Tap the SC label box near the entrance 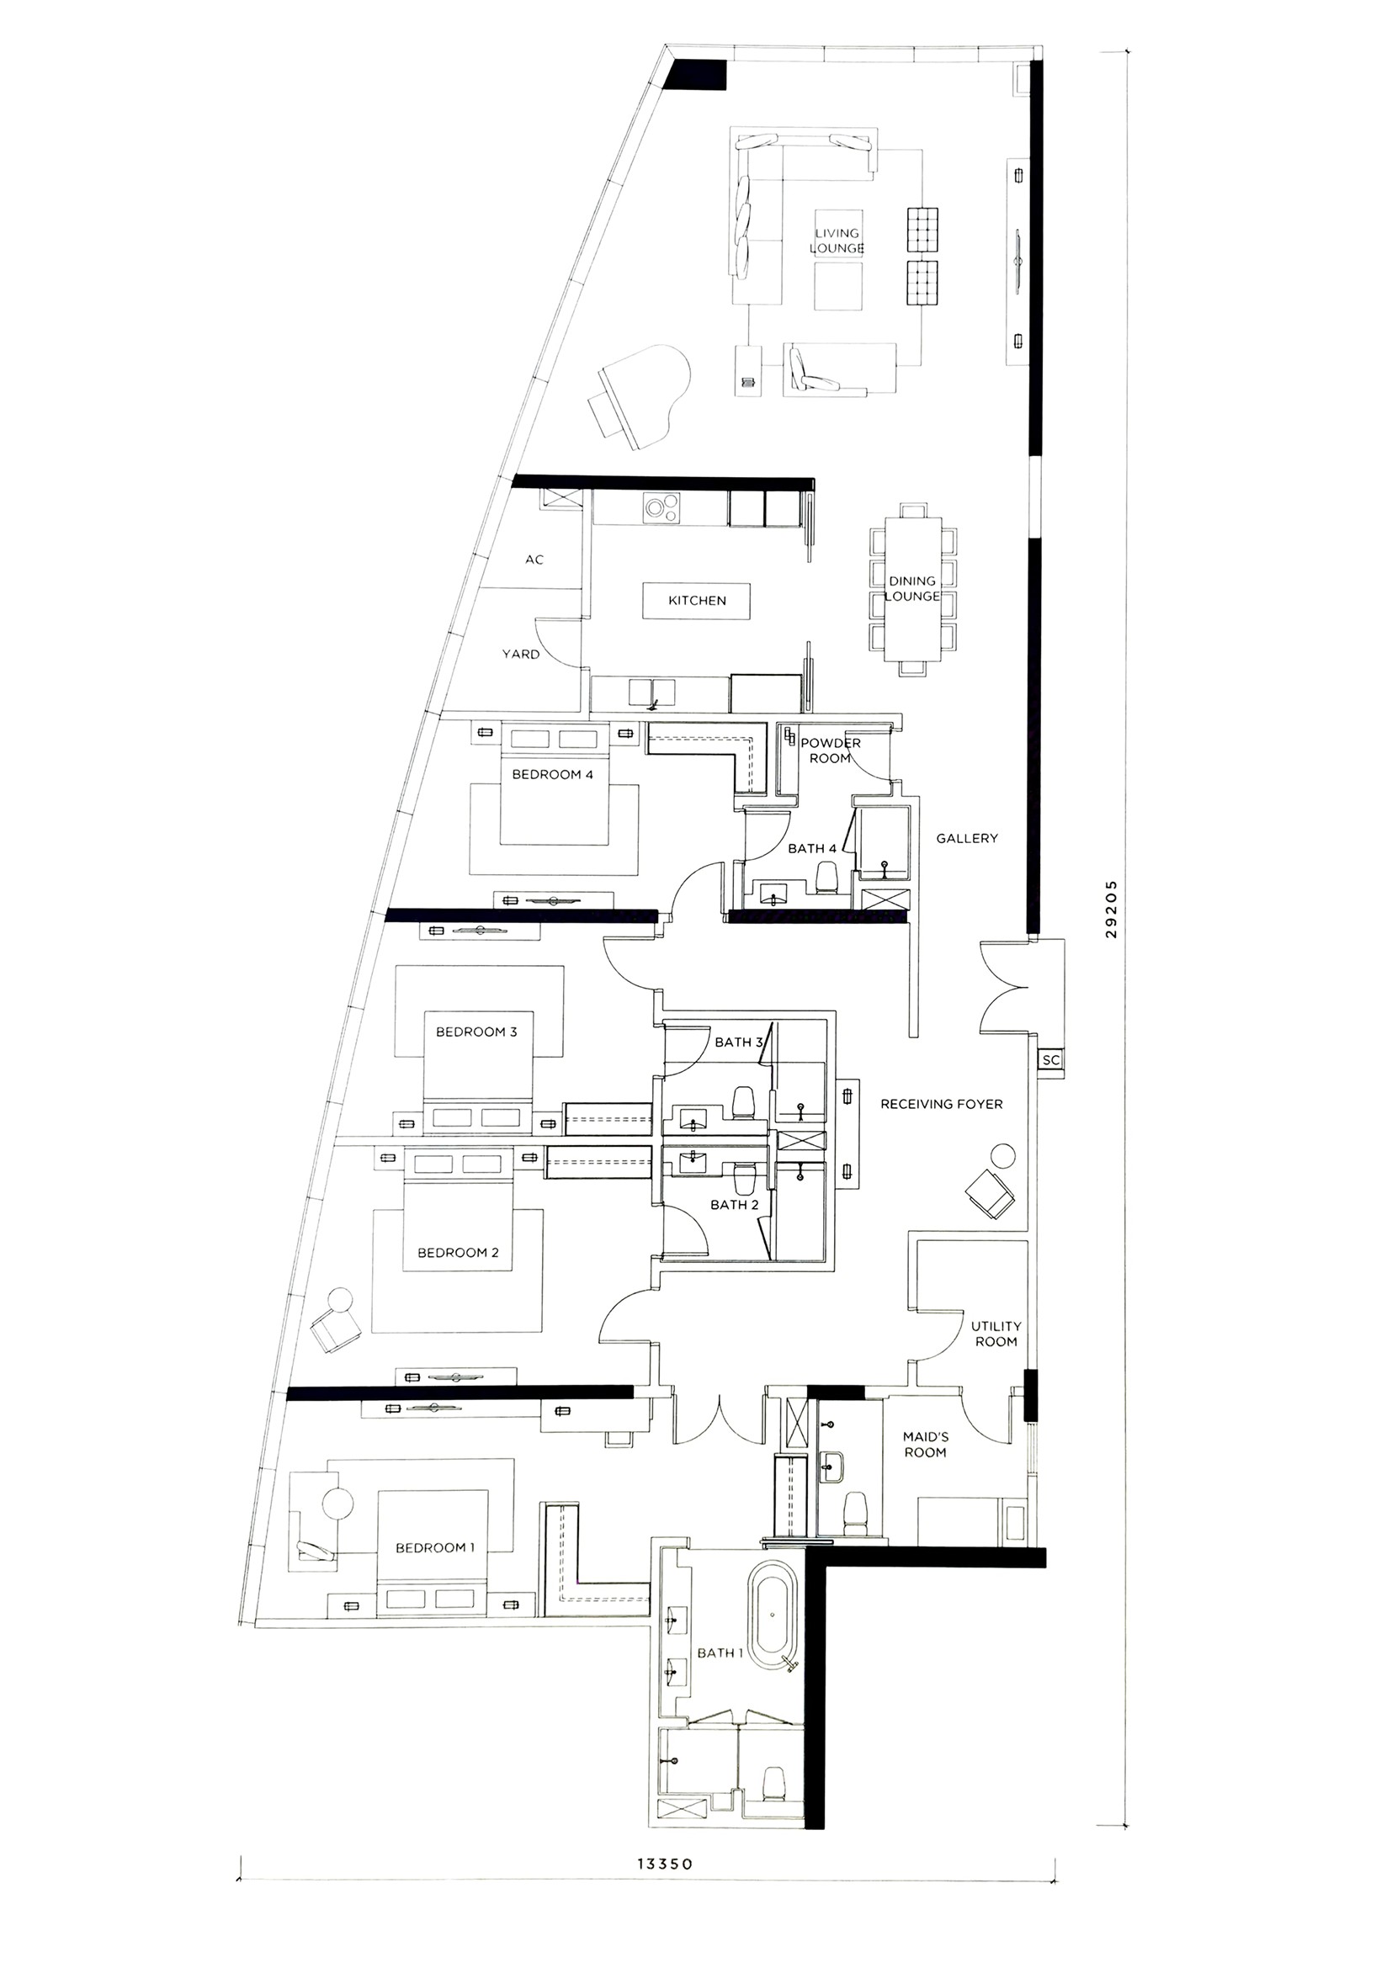click(1051, 1060)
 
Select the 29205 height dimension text click(1112, 910)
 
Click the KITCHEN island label click(697, 601)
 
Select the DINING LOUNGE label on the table click(912, 589)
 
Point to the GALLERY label click(967, 838)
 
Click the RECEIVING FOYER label click(941, 1104)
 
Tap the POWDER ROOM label click(831, 751)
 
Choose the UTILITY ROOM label click(996, 1334)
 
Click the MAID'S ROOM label click(926, 1445)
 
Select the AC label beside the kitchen click(534, 560)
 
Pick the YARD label click(521, 654)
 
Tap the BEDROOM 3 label click(476, 1032)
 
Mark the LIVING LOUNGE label click(837, 241)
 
